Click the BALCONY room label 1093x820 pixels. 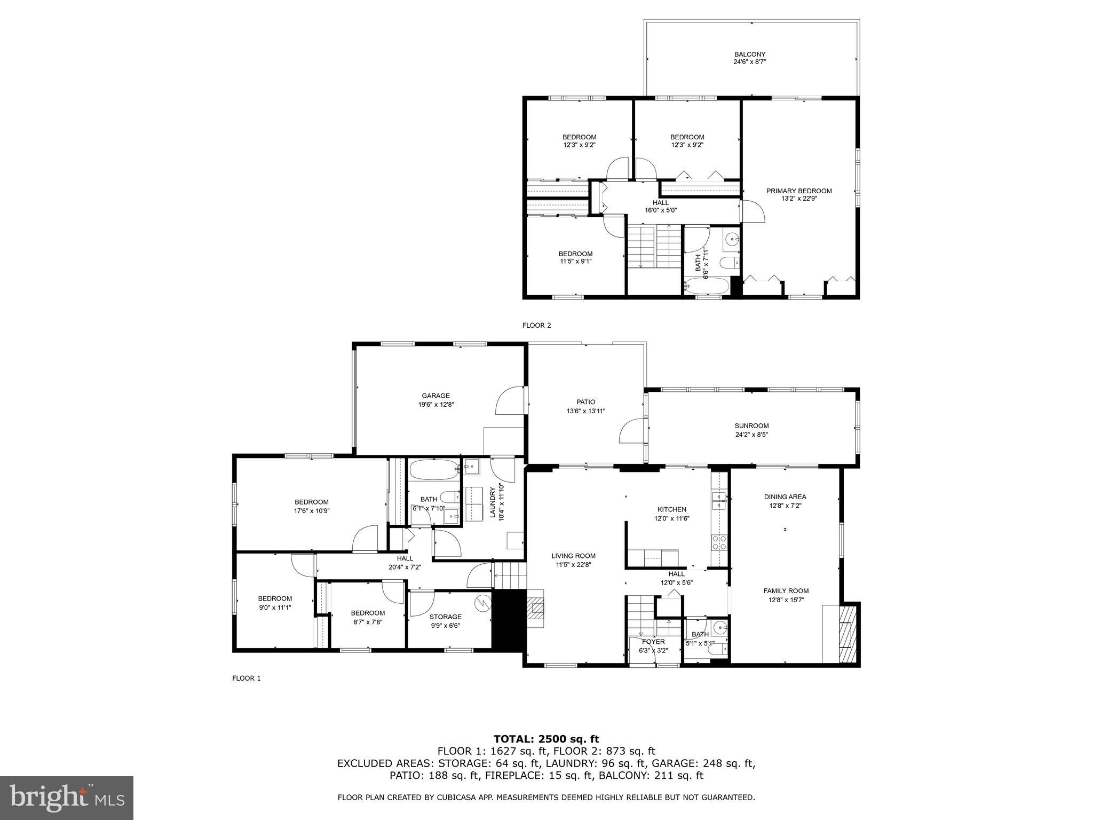click(x=749, y=54)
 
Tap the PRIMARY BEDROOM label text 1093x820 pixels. click(x=798, y=191)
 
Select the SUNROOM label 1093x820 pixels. click(x=751, y=426)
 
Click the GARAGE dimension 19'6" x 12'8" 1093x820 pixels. click(x=435, y=405)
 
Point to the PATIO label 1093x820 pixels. click(x=585, y=402)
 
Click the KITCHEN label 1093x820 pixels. click(x=671, y=509)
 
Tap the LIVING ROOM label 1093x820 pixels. click(x=573, y=556)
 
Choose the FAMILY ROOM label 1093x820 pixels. click(x=786, y=591)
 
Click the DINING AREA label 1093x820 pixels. click(x=785, y=496)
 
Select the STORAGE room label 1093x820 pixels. click(x=445, y=617)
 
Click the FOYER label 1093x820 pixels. click(x=653, y=642)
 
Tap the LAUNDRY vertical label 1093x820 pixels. click(x=493, y=502)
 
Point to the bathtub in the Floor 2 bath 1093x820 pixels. click(x=707, y=286)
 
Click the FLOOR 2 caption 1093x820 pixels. click(x=536, y=325)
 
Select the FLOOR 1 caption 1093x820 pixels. click(x=246, y=678)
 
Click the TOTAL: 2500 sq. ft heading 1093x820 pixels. click(x=546, y=739)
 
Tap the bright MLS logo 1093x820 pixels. click(x=67, y=798)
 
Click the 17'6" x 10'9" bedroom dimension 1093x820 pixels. click(x=311, y=510)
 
